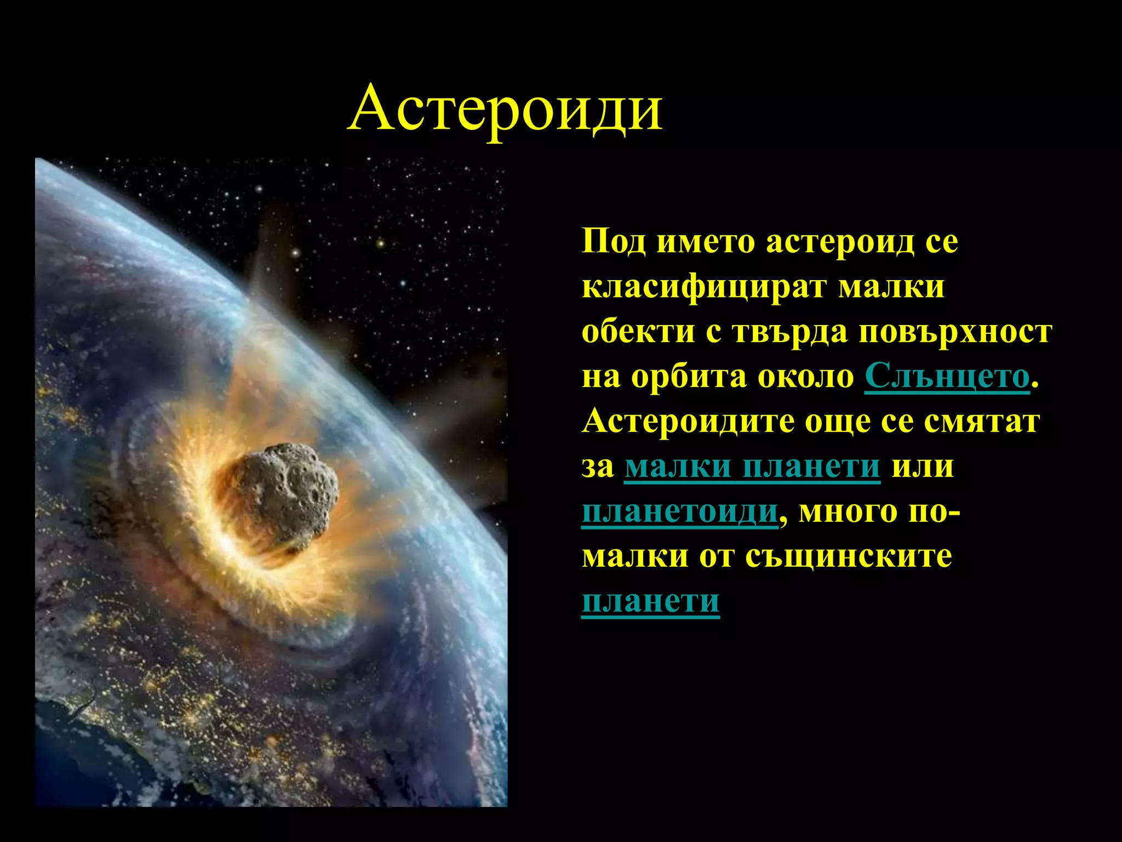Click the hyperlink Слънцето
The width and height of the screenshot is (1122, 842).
coord(947,377)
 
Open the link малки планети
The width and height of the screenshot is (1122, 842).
coord(752,467)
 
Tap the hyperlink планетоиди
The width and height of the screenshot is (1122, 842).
coord(679,512)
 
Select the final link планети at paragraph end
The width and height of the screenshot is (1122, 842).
coord(650,601)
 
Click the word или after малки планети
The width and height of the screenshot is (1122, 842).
coord(923,467)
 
